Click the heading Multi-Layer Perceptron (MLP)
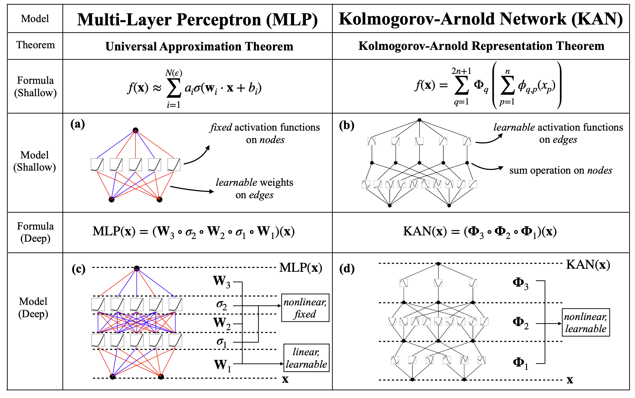point(198,20)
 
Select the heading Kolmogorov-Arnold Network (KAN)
point(481,19)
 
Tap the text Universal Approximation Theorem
point(199,46)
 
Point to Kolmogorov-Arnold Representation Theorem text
point(481,46)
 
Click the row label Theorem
point(36,45)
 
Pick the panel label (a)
point(78,124)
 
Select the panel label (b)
point(346,126)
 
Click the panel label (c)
point(79,269)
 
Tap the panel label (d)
point(347,269)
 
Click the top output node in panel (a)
point(135,130)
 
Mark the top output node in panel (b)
point(419,120)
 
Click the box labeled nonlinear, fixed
point(305,308)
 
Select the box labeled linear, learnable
point(306,358)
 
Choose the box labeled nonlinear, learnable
point(586,322)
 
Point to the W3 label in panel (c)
point(222,282)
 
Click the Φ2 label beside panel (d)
point(521,323)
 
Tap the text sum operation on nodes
point(561,170)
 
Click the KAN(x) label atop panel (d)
point(588,265)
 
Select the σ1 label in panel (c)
point(222,342)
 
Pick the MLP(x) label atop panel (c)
point(301,268)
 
